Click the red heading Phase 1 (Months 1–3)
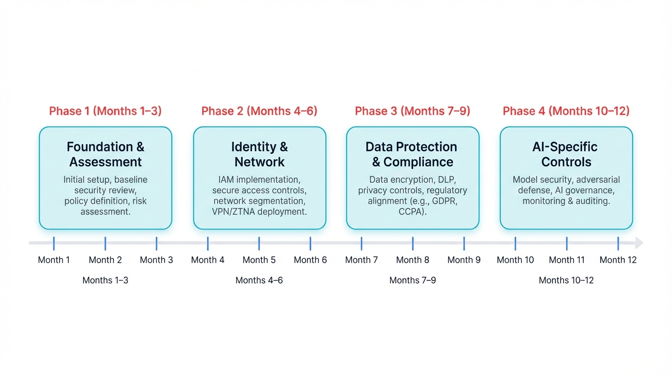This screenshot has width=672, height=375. coord(105,111)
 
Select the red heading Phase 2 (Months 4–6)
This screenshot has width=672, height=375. coord(259,111)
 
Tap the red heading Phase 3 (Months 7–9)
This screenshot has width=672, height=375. coord(413,111)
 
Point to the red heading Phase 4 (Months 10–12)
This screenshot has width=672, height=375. coord(566,111)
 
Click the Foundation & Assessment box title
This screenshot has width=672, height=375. coord(105,154)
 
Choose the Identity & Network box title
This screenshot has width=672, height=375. coord(259,154)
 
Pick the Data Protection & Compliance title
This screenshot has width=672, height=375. coord(412,154)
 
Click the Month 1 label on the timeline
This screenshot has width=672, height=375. coord(54,260)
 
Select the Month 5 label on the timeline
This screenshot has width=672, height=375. coord(259,260)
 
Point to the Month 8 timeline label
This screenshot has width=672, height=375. coord(413,260)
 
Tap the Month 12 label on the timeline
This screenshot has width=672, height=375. coord(618,260)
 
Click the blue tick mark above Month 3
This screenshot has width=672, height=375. coord(156,243)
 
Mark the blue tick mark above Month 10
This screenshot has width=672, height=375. coord(515,243)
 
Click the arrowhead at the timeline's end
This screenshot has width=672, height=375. coord(639,243)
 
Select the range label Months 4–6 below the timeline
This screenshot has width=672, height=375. coord(259,280)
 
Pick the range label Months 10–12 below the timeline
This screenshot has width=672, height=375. coord(566,280)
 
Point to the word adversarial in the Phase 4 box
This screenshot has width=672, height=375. coord(597,180)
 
